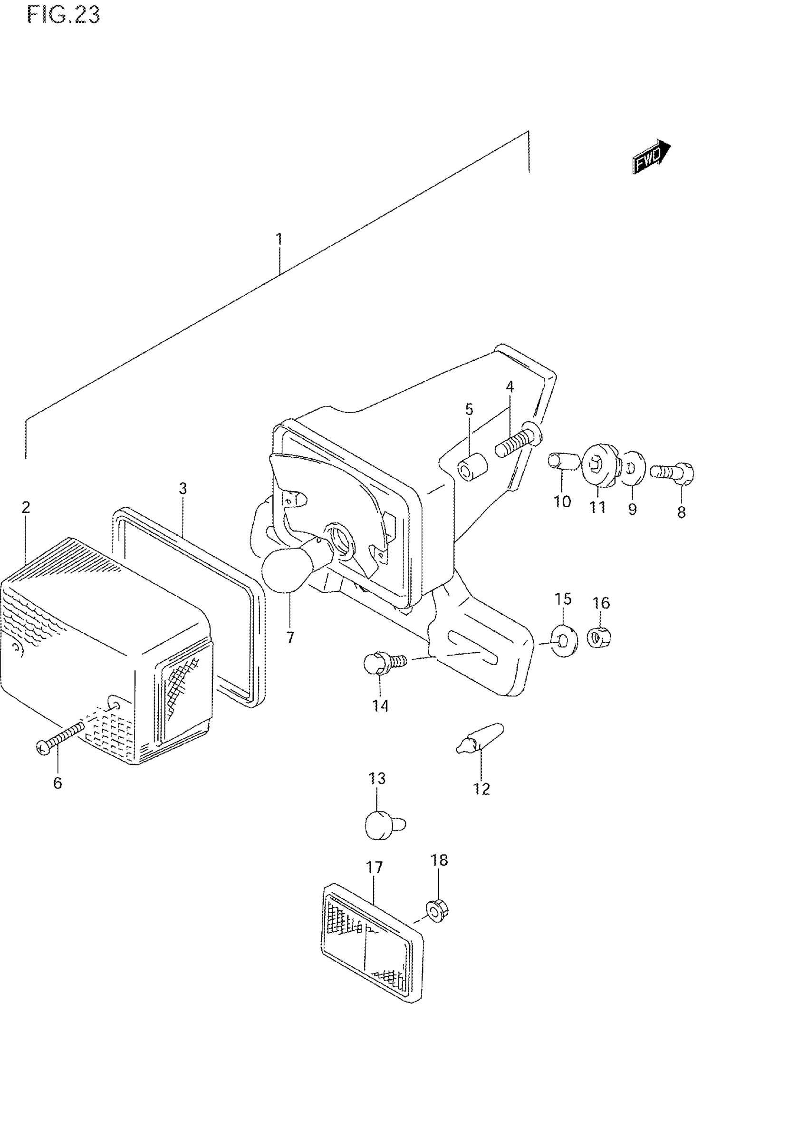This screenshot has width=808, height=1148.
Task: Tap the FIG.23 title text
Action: (64, 15)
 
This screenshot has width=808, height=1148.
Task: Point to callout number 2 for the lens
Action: (26, 507)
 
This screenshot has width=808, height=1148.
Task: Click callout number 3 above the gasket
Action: (183, 488)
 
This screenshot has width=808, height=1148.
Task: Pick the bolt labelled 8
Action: (673, 472)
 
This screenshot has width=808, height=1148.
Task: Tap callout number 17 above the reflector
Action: (374, 867)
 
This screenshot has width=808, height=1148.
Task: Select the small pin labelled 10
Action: (564, 462)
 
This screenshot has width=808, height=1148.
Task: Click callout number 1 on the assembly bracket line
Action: (279, 239)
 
